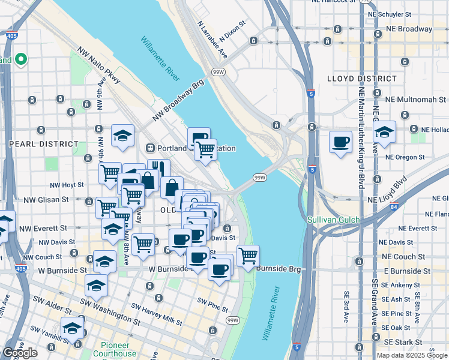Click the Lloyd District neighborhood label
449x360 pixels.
361,79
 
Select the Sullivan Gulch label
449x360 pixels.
334,220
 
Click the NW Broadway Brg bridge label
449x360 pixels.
178,100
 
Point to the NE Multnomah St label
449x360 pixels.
416,99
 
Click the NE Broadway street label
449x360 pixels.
410,29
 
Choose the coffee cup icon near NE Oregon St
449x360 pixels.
340,142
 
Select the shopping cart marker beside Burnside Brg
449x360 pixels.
248,256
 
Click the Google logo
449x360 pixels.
20,353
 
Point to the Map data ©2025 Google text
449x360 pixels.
412,355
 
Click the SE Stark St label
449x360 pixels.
412,342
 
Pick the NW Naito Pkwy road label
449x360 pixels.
99,67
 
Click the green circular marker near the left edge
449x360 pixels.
20,59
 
